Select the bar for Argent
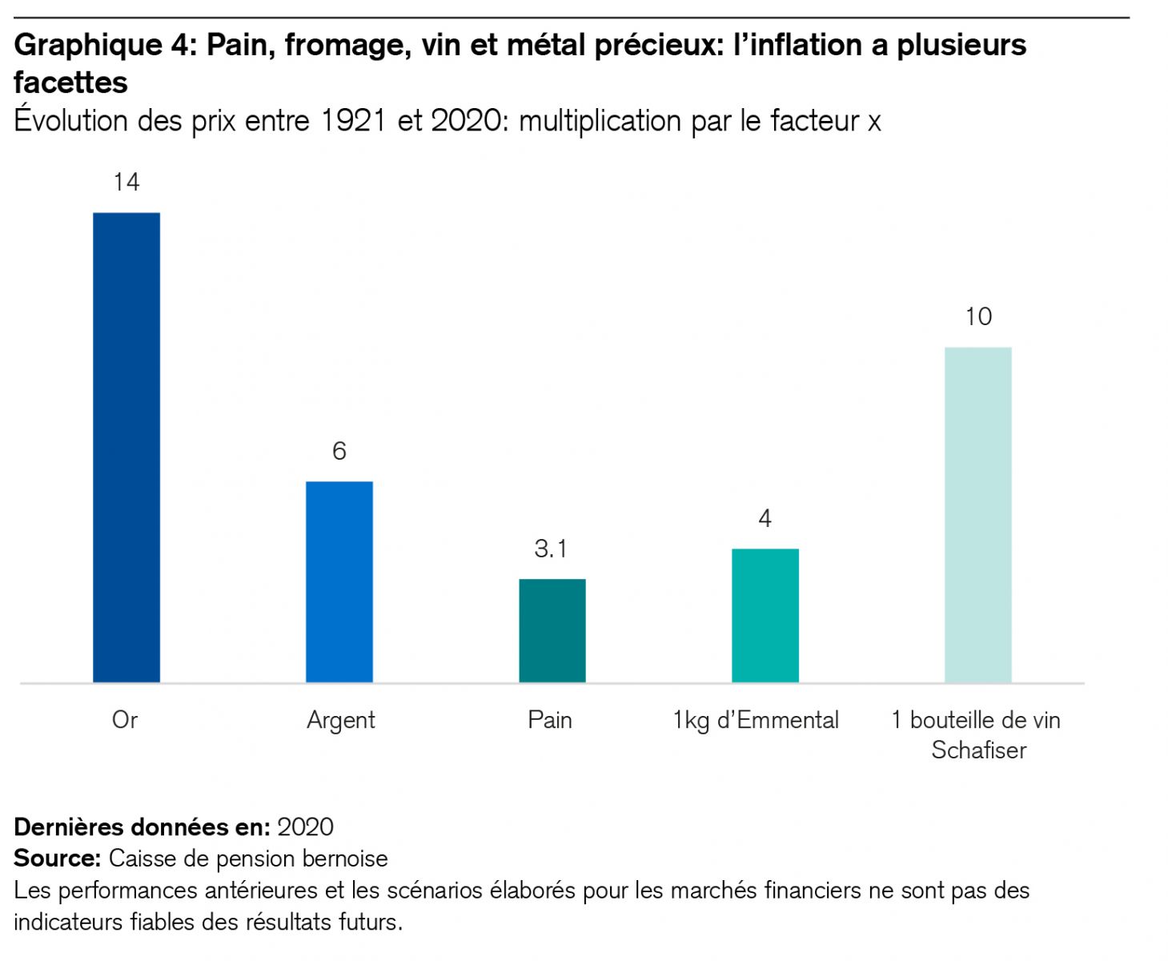(x=339, y=581)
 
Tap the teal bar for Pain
(x=552, y=630)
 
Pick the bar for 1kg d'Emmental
(x=765, y=615)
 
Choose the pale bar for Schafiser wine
(x=978, y=514)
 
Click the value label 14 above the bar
(x=126, y=183)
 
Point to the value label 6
(x=339, y=452)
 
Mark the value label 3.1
(x=551, y=549)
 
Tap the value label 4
(x=765, y=519)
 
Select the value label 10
(x=978, y=317)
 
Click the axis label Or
(x=125, y=720)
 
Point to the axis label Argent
(x=341, y=721)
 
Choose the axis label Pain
(x=550, y=720)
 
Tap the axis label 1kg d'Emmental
(x=756, y=721)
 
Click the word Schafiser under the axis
(x=978, y=750)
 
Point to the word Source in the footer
(x=56, y=858)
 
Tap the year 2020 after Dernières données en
(x=305, y=827)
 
